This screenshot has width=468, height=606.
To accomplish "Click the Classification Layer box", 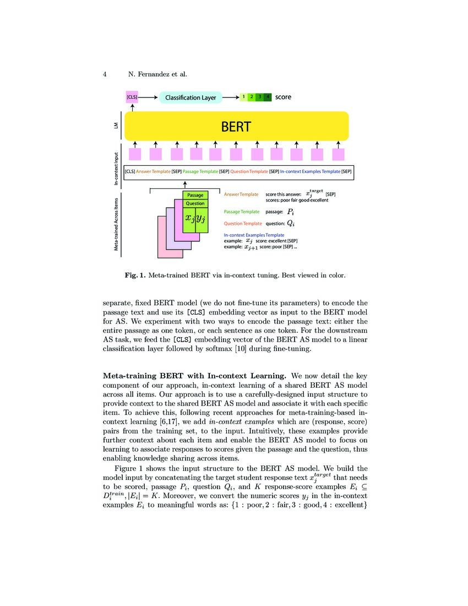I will (191, 98).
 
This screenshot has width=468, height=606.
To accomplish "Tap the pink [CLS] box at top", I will (132, 98).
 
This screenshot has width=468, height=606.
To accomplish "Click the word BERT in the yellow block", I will (236, 127).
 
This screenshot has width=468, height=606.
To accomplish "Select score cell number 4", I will (268, 98).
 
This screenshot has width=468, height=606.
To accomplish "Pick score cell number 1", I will (243, 98).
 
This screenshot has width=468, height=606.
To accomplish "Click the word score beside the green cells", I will (283, 97).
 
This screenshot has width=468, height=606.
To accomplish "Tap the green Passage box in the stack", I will (195, 195).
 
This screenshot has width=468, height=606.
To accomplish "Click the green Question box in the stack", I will (195, 203).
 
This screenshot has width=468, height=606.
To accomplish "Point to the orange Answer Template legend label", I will (241, 194).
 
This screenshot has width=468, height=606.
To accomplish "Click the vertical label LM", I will (116, 127).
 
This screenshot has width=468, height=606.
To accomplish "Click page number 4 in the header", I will (105, 74).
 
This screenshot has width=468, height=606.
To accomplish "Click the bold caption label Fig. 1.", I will (134, 275).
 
